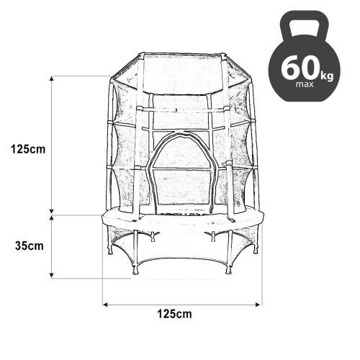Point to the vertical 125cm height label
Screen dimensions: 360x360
(27, 149)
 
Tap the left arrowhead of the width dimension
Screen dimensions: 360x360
(106, 305)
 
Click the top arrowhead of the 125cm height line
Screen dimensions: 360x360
(53, 78)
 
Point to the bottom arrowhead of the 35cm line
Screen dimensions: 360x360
(53, 276)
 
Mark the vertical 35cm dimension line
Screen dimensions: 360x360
(53, 246)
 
